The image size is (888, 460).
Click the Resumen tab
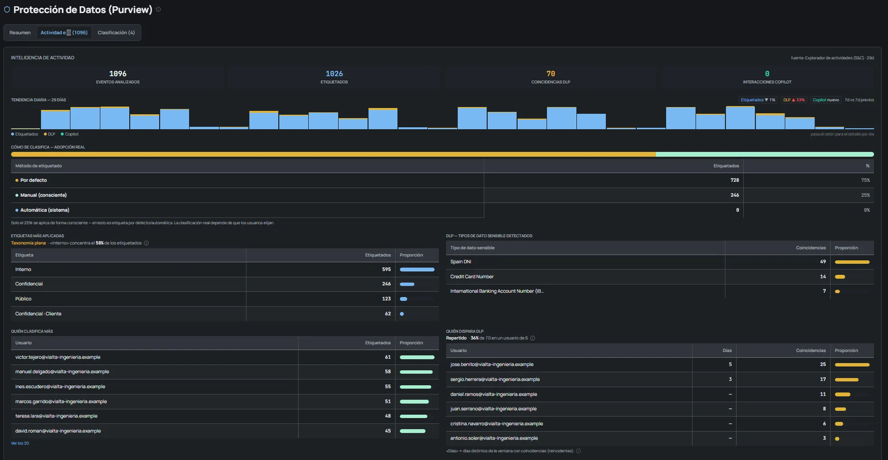[20, 33]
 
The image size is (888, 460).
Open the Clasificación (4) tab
[116, 33]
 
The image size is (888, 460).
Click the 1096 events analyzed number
[118, 74]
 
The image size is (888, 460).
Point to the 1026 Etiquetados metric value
[334, 74]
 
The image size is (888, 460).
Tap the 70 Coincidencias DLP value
[551, 74]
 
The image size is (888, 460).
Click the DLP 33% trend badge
[794, 100]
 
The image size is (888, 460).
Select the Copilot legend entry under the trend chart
[69, 135]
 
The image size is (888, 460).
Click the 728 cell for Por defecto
[735, 180]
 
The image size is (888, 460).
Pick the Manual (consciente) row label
[43, 195]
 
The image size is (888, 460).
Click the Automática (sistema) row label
[45, 210]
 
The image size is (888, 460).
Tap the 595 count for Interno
[386, 270]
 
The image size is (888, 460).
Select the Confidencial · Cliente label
[38, 314]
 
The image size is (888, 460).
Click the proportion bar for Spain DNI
[852, 262]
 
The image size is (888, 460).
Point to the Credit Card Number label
[472, 277]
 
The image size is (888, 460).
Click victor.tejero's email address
[58, 357]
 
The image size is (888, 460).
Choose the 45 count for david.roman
[388, 431]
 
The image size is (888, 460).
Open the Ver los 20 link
[20, 443]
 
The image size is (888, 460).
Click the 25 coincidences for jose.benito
[823, 365]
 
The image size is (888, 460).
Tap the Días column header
[727, 351]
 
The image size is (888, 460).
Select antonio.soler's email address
[494, 438]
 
